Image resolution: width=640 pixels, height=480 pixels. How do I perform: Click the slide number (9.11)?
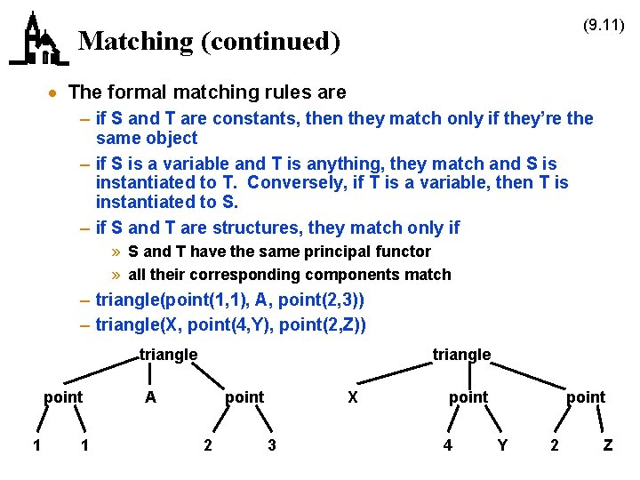[x=604, y=26]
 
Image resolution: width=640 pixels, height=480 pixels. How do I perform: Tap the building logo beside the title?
[x=38, y=41]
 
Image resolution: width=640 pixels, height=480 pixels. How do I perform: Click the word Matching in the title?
[x=123, y=42]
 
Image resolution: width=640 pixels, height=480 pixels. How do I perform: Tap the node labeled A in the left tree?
[x=150, y=397]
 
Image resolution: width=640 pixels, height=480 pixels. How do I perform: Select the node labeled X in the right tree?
[x=353, y=397]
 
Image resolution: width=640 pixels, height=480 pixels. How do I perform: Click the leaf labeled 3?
[x=272, y=445]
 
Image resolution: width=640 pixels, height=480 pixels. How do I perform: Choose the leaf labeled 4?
[x=448, y=445]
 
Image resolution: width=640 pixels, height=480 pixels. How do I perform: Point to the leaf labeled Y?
[x=502, y=445]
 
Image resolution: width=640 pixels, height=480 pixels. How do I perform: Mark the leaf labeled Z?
[x=608, y=445]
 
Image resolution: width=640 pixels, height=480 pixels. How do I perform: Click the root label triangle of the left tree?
[x=169, y=355]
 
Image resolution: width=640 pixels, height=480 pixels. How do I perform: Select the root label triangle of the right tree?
[x=461, y=355]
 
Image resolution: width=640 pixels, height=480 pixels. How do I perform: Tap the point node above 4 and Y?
[x=468, y=397]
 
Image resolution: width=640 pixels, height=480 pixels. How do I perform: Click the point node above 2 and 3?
[x=244, y=397]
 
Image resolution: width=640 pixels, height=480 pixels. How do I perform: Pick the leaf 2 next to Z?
[x=555, y=445]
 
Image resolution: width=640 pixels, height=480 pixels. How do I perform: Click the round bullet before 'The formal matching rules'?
[x=54, y=93]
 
